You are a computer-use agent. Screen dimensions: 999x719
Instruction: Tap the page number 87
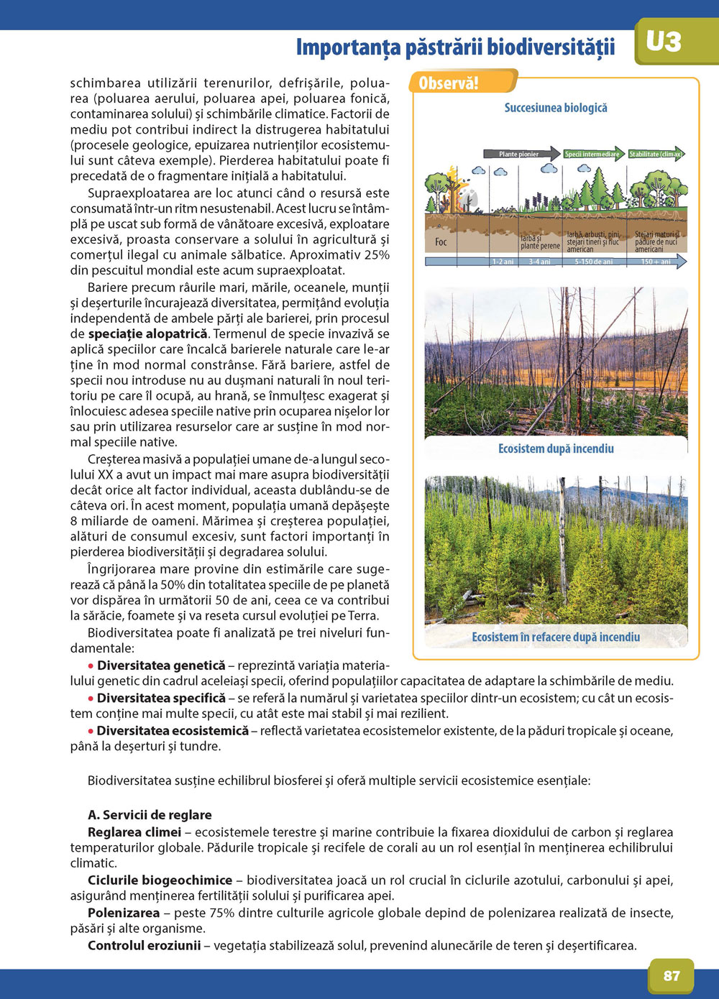(x=672, y=975)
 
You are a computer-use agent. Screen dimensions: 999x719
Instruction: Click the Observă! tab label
(x=449, y=83)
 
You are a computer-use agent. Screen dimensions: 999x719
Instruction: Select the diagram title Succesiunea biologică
(x=556, y=108)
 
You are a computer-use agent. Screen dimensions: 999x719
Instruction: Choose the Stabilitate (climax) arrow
(x=656, y=154)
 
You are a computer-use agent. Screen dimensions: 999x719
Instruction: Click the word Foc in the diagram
(x=441, y=242)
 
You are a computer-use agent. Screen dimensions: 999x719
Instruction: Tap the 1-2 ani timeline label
(x=503, y=262)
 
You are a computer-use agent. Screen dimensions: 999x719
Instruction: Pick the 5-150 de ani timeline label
(x=594, y=262)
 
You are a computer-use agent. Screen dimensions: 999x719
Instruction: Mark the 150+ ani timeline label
(x=655, y=262)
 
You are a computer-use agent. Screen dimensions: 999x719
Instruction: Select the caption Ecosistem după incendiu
(x=556, y=448)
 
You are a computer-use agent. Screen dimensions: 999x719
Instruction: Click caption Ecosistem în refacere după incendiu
(x=556, y=637)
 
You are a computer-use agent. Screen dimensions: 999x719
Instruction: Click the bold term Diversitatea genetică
(x=161, y=666)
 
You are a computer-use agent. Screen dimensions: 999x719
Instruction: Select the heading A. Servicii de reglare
(x=150, y=814)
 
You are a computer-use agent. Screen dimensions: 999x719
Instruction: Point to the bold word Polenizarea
(x=124, y=913)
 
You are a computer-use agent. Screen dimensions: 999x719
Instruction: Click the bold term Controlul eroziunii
(x=144, y=945)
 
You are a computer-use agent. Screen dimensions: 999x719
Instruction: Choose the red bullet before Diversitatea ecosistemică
(x=91, y=731)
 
